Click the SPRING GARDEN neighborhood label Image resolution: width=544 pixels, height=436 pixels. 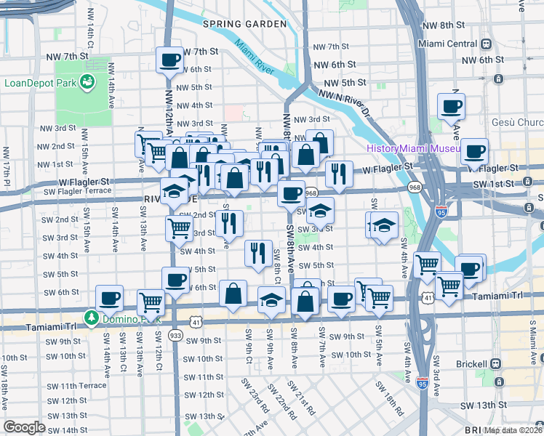tap(234, 24)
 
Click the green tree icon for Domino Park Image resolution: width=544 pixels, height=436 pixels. tap(91, 318)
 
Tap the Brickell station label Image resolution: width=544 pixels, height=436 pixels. tap(465, 363)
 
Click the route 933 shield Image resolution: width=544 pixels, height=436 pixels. tap(175, 336)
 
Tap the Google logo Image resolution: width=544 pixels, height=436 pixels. tap(24, 427)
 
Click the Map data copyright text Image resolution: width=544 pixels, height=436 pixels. tap(513, 430)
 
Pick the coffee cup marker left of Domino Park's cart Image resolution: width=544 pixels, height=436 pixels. tap(110, 297)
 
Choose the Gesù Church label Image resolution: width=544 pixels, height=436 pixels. tap(516, 122)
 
